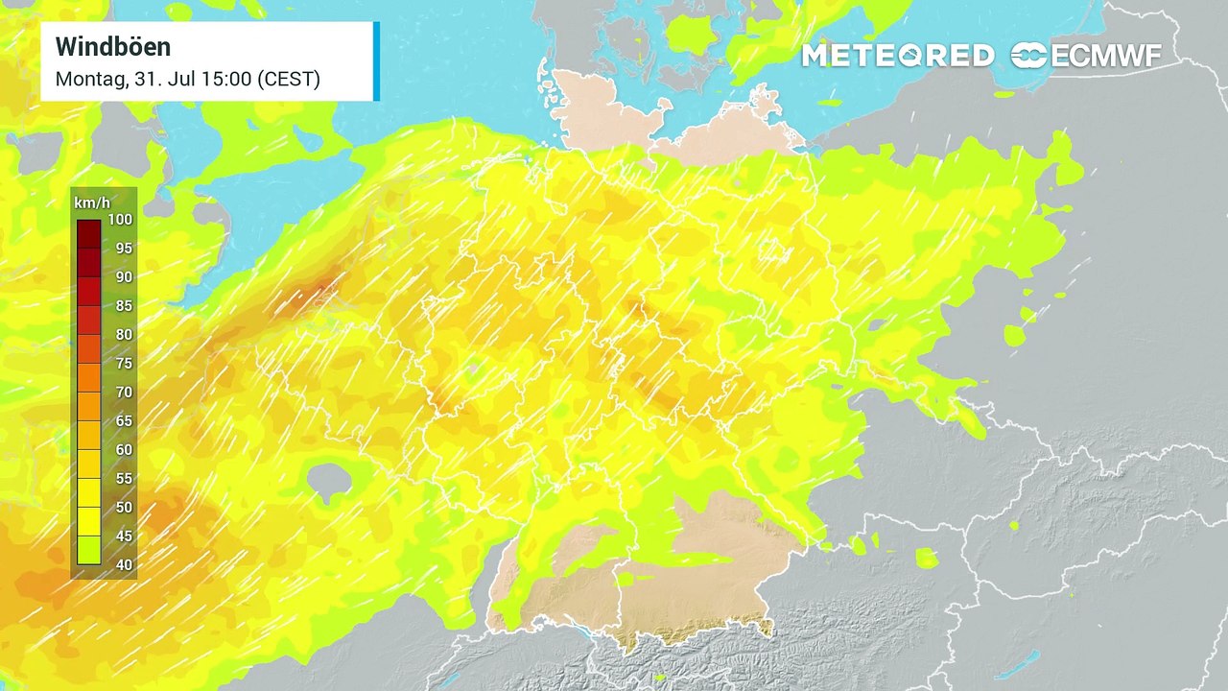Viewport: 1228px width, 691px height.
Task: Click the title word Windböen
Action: pos(113,46)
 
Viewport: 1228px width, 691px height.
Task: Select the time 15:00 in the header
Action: pos(226,80)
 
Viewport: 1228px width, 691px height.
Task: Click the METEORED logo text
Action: pos(897,56)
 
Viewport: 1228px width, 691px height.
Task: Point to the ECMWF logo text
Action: pos(1105,56)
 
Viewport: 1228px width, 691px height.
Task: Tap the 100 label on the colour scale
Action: pos(121,219)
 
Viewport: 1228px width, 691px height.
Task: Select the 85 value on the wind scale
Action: pos(123,306)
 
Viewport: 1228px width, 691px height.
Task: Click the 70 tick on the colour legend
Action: pos(123,393)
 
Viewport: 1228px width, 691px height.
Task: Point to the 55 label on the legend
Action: pos(123,479)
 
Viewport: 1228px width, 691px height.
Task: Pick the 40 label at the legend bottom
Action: pos(123,565)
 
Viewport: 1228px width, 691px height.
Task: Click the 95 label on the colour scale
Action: pos(123,248)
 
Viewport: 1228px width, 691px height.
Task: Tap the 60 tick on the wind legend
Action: pos(123,450)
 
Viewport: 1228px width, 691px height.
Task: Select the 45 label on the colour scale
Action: pos(123,536)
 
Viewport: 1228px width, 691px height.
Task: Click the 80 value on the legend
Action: pos(123,335)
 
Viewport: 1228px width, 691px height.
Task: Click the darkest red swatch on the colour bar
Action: pos(88,233)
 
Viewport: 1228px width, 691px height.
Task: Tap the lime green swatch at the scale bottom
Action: pos(88,551)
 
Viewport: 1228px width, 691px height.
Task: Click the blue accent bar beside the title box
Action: pos(376,60)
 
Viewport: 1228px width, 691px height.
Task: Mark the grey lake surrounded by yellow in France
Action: pos(329,481)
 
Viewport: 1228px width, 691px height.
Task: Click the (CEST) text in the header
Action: pos(289,80)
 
